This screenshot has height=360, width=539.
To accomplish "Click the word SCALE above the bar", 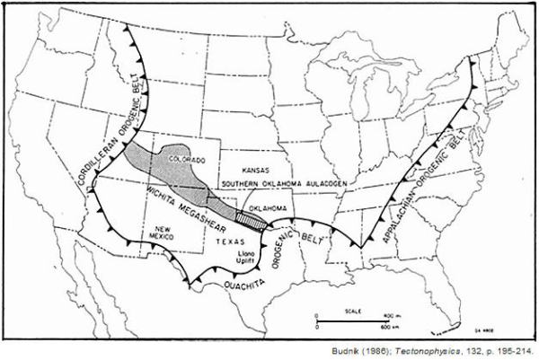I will [356, 311].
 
